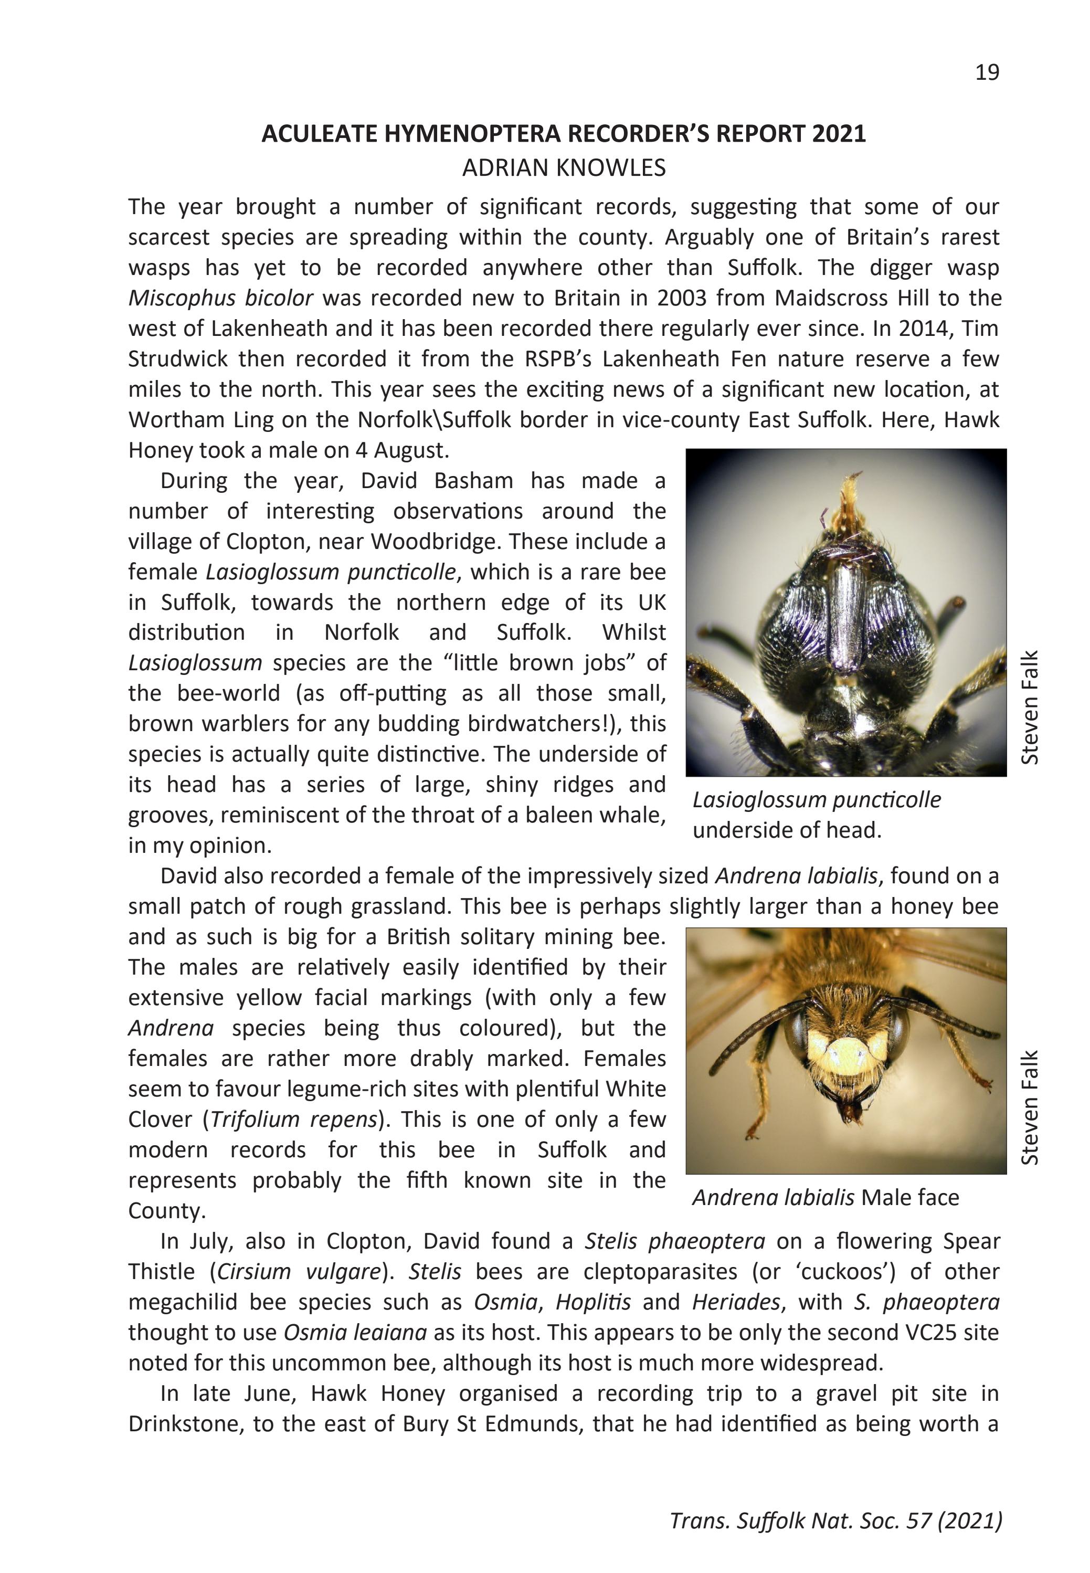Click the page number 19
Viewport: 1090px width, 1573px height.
987,72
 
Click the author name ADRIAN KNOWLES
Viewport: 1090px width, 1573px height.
564,168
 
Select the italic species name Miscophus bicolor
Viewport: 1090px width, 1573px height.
220,299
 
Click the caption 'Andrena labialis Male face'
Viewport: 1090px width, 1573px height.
825,1197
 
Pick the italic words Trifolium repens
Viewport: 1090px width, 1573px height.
294,1120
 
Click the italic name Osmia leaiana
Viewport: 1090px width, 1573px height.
355,1333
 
